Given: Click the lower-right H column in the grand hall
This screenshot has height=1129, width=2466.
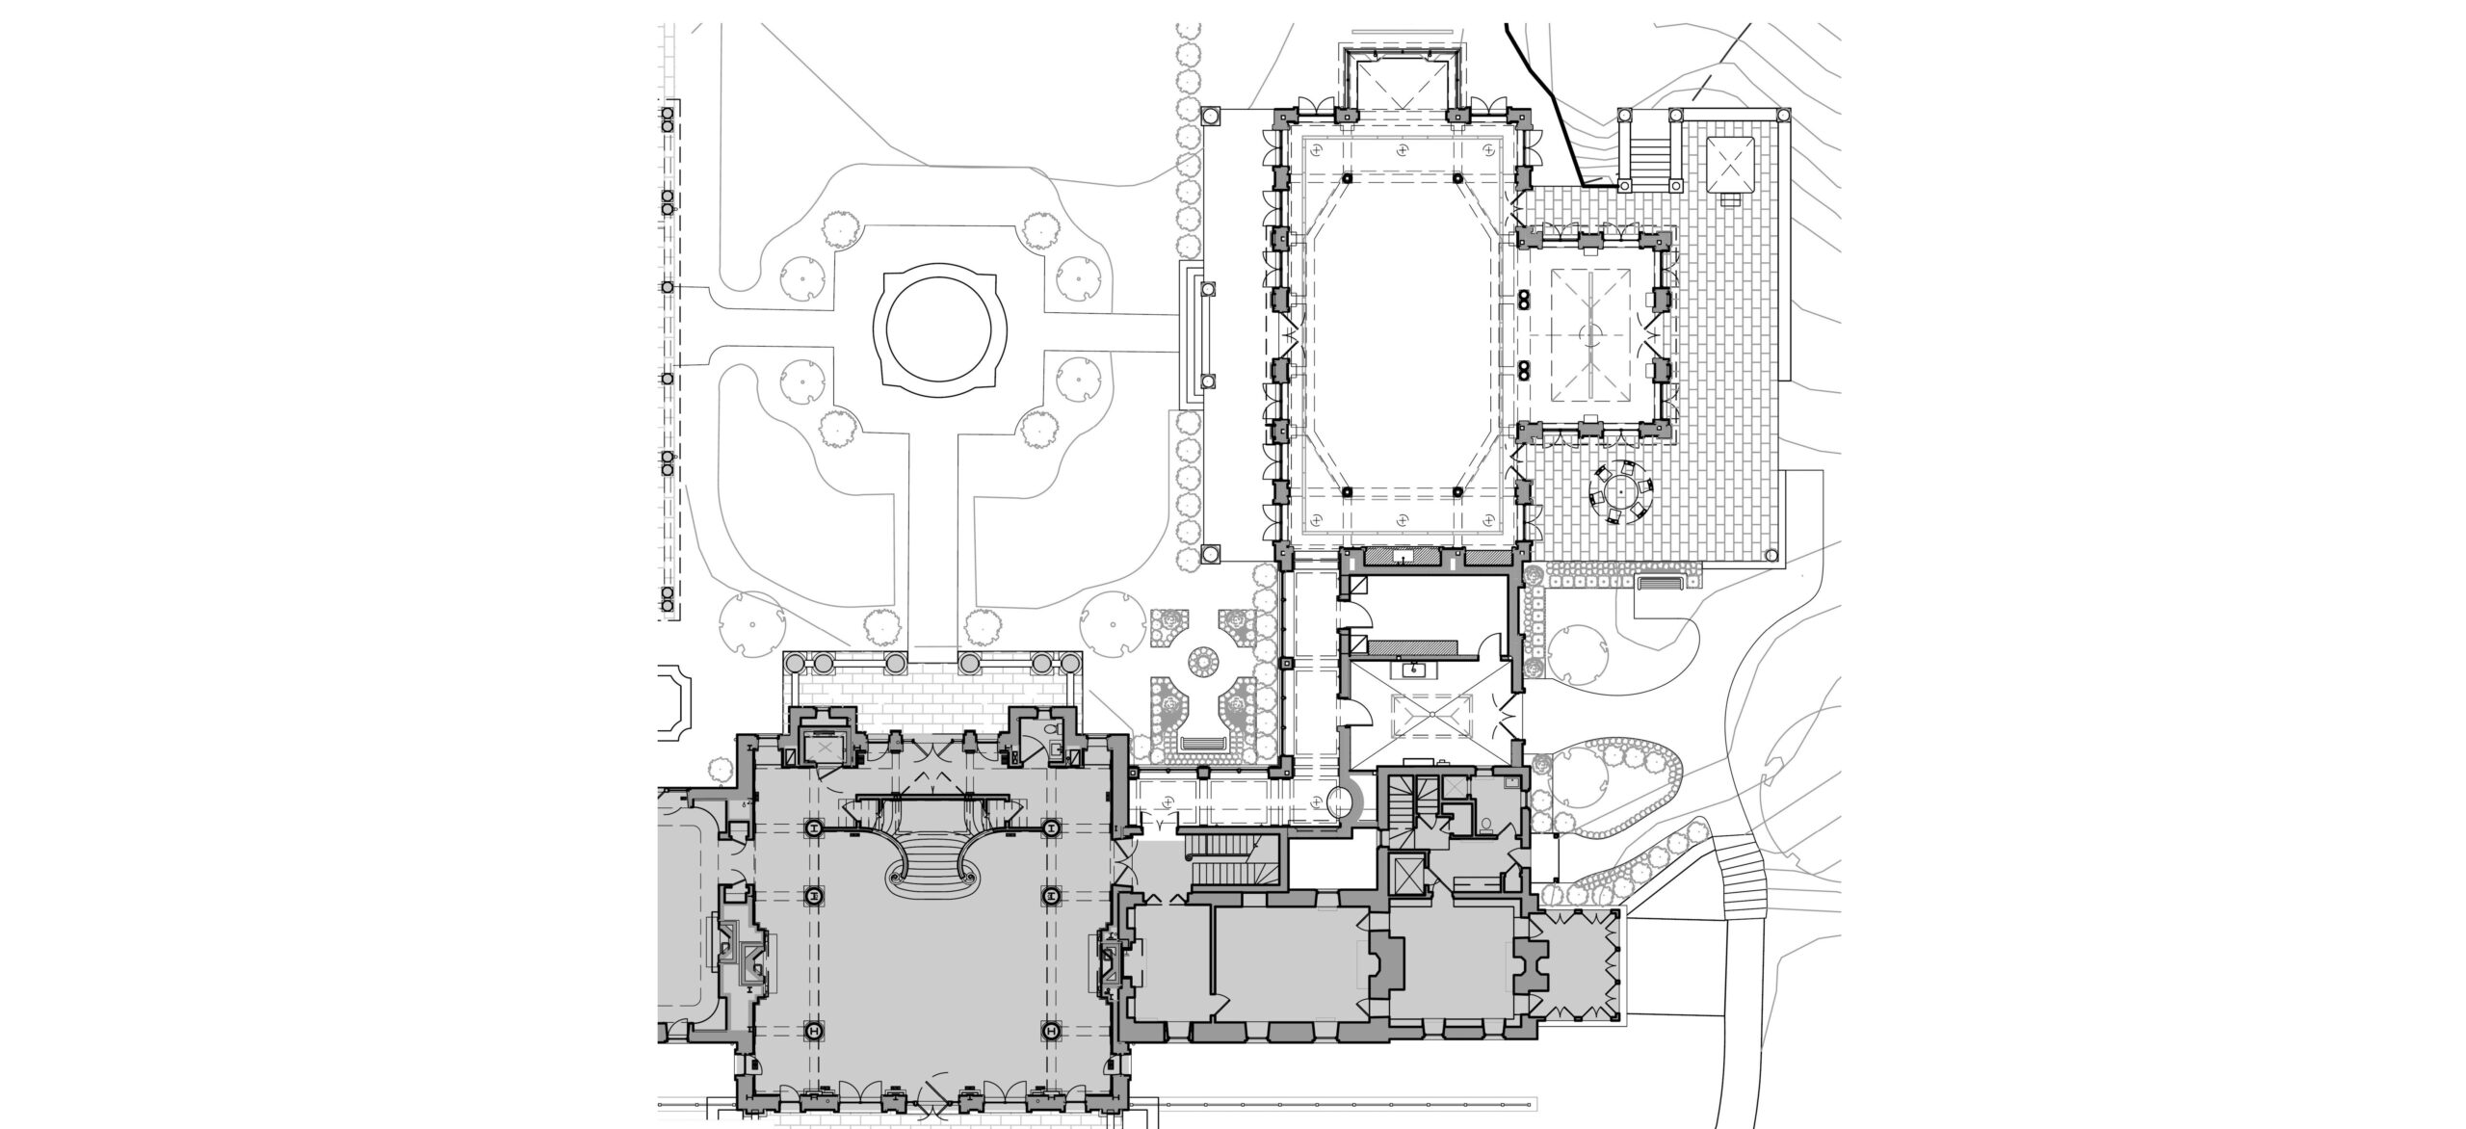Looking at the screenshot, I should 1049,1031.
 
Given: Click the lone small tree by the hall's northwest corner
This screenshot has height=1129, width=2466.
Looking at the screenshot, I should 718,769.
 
